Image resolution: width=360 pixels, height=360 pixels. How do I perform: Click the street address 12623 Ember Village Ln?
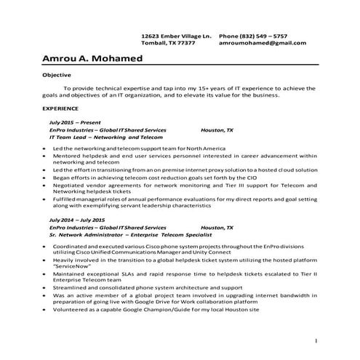coord(176,35)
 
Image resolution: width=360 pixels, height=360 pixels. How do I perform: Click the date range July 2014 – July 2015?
coord(77,219)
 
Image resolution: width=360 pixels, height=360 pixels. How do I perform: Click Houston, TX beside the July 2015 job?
coord(217,129)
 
